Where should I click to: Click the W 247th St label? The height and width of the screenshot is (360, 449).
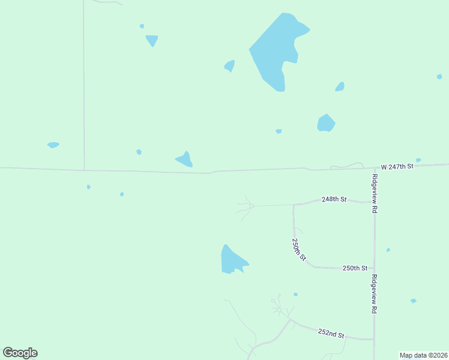[398, 166]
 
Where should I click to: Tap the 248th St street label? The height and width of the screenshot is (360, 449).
[334, 199]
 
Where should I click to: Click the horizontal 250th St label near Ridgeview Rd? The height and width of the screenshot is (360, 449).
[354, 268]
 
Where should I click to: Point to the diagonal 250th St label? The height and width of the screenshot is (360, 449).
[299, 249]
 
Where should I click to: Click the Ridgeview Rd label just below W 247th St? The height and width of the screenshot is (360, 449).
[375, 194]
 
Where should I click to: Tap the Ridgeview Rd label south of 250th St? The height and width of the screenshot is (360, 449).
[375, 294]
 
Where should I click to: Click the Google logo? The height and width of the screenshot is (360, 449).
[20, 353]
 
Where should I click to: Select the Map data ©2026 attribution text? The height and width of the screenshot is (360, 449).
[424, 355]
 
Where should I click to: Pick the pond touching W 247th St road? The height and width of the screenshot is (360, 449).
[185, 160]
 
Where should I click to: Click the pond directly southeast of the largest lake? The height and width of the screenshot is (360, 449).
[325, 123]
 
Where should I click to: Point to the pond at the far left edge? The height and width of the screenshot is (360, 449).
[53, 145]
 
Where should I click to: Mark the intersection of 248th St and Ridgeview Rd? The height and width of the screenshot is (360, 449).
[375, 202]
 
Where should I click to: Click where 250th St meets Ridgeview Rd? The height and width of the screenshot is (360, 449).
[375, 269]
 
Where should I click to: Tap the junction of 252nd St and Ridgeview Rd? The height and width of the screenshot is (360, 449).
[375, 340]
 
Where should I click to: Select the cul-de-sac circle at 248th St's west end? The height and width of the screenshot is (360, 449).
[252, 206]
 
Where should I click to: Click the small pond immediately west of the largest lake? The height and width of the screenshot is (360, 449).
[229, 65]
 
